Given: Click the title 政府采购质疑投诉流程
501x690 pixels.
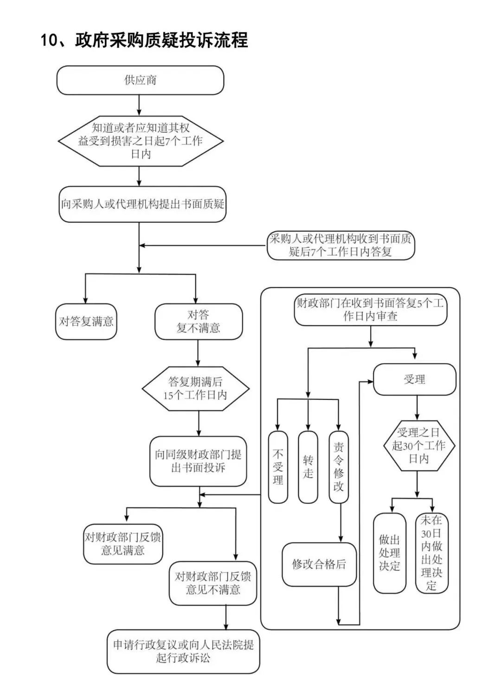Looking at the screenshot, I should pyautogui.click(x=144, y=40).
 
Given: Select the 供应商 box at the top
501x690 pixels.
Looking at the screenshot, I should pyautogui.click(x=140, y=80).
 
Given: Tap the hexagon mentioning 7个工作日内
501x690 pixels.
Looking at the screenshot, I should pyautogui.click(x=140, y=141).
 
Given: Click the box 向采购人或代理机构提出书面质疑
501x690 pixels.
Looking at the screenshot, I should pyautogui.click(x=142, y=204).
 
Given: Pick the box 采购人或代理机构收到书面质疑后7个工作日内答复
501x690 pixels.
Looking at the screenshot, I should pyautogui.click(x=340, y=245).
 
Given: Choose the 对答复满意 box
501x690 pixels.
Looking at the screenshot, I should pyautogui.click(x=86, y=322).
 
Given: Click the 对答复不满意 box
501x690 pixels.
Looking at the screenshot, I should pyautogui.click(x=198, y=322).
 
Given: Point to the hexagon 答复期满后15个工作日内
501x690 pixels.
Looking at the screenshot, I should pyautogui.click(x=195, y=388).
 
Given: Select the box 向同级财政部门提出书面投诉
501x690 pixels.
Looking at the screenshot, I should pyautogui.click(x=198, y=461).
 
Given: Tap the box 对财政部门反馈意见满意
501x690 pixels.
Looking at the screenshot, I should pyautogui.click(x=123, y=544).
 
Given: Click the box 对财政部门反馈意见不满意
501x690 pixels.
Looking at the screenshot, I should pyautogui.click(x=213, y=583).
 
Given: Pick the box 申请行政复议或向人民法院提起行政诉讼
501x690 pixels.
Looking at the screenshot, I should pyautogui.click(x=183, y=651).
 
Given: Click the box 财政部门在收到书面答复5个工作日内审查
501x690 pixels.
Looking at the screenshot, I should pyautogui.click(x=370, y=310).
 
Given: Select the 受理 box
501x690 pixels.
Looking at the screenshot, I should pyautogui.click(x=414, y=380).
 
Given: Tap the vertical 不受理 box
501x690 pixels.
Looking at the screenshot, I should pyautogui.click(x=278, y=467).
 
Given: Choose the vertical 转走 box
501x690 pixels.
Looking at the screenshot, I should pyautogui.click(x=308, y=467).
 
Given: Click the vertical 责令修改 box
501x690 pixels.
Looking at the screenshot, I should pyautogui.click(x=339, y=467).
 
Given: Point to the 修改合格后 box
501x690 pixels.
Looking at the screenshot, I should pyautogui.click(x=319, y=564).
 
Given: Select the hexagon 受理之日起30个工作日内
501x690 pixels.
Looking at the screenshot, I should pyautogui.click(x=418, y=446).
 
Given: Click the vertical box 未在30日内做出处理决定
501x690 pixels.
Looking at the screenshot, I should pyautogui.click(x=431, y=553).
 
